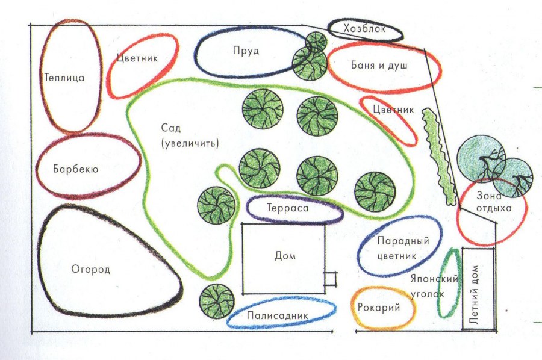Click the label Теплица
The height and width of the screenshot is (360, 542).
64,78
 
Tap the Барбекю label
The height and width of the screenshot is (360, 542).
76,169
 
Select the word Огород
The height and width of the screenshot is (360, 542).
90,269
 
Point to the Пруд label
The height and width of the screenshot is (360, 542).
246,51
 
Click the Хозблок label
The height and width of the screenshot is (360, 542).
365,28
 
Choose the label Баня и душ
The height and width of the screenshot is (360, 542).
379,65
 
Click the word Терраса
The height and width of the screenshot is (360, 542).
288,208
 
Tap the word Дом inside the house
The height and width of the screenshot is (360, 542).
285,256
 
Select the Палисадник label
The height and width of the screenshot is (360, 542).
278,315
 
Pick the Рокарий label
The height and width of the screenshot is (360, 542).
379,307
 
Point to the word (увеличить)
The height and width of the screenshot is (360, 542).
190,143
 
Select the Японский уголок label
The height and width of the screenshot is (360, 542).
433,286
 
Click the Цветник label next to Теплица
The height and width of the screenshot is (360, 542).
137,58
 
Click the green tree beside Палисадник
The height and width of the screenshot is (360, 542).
217,301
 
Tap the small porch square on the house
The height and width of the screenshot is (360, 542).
330,279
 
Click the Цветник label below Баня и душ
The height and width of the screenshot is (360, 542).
393,110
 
